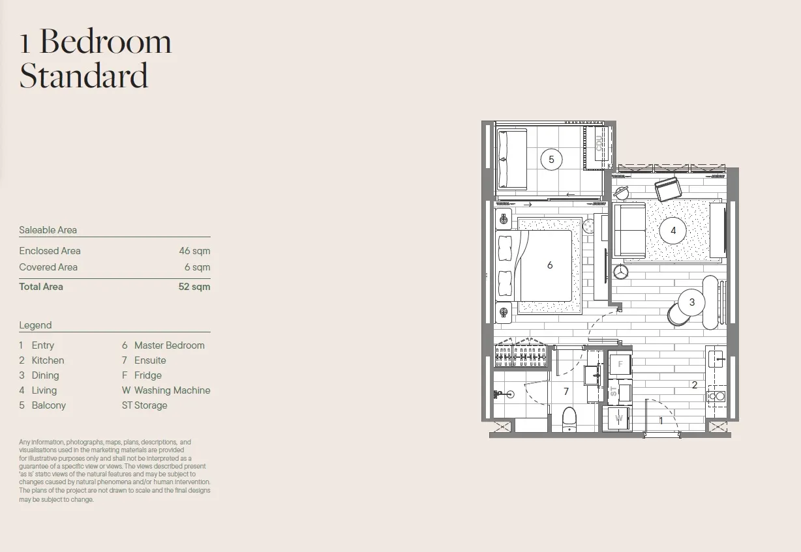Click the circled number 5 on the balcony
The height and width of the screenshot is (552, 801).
coord(551,160)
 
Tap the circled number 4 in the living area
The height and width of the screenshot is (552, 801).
coord(673,231)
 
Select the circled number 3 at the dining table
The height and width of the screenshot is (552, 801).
coord(691,302)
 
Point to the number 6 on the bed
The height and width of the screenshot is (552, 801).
coord(550,265)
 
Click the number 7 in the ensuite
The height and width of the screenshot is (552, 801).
coord(566,392)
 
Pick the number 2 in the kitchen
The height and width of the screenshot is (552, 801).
coord(695,385)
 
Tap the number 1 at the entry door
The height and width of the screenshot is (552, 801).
coord(661,421)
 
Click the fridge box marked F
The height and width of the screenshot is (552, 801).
coord(620,364)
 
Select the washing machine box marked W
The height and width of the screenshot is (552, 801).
coord(618,418)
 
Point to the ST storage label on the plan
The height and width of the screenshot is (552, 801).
coord(614,392)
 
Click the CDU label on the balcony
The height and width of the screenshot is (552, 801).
coord(599,143)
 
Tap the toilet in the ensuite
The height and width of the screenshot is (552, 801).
coord(569,419)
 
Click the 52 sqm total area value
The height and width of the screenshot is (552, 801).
coord(194,287)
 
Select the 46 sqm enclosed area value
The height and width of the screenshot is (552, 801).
coord(194,251)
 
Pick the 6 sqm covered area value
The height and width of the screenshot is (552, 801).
coord(198,267)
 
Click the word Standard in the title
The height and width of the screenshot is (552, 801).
coord(83,76)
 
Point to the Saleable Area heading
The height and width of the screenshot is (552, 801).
coord(48,230)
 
